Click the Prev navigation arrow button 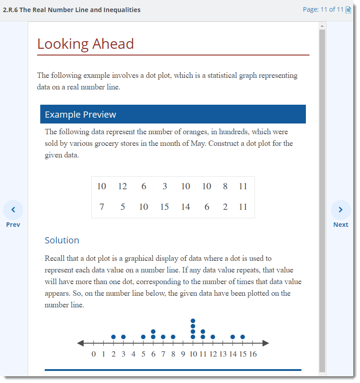point(13,210)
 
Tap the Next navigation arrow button point(341,210)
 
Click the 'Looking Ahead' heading point(85,44)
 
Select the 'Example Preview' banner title point(80,115)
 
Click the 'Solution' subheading point(62,240)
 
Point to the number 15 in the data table point(165,207)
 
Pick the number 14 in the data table point(186,207)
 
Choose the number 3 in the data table point(165,186)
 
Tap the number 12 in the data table point(123,186)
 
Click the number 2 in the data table point(225,207)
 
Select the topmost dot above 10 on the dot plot point(193,321)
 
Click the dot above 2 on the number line point(114,336)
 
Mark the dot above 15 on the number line point(242,336)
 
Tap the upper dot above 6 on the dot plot point(153,332)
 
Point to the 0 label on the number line point(93,354)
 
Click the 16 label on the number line point(253,354)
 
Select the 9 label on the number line point(183,354)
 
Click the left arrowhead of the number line point(80,343)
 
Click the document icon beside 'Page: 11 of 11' point(349,9)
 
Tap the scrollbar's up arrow point(322,26)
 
